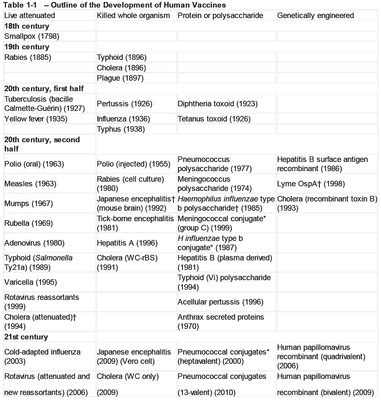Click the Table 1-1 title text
point(115,5)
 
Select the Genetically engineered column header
point(315,15)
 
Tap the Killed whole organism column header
point(133,15)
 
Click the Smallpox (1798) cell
point(32,36)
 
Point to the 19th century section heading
point(27,47)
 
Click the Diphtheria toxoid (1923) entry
point(218,104)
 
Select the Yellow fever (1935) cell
point(36,119)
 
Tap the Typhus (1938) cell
point(121,129)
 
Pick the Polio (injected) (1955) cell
point(133,164)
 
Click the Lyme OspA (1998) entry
point(311,184)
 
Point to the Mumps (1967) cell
point(28,203)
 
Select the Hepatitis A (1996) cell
point(127,243)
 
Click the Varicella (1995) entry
point(30,282)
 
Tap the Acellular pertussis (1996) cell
point(220,302)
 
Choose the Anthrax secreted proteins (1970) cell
point(220,322)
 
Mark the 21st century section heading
point(26,337)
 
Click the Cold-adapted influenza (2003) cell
point(42,357)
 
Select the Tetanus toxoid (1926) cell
point(214,119)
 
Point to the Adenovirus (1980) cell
point(34,243)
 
